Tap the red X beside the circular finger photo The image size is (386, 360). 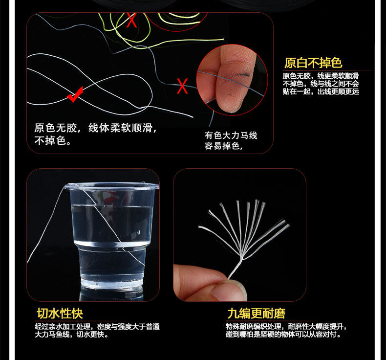click(x=182, y=87)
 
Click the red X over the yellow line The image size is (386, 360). click(x=131, y=21)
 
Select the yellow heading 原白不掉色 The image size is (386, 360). click(x=313, y=63)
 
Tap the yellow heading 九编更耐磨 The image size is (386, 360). click(x=256, y=313)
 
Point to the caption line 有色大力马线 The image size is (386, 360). click(x=231, y=135)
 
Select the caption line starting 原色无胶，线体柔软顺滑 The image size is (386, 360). click(x=95, y=128)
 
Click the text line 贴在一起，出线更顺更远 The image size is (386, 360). click(x=321, y=91)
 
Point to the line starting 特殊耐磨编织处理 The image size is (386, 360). click(x=286, y=327)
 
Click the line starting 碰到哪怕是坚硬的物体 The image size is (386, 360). click(x=283, y=335)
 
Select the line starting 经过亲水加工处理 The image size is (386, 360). click(x=97, y=327)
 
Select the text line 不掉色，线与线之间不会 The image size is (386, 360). click(x=321, y=84)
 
